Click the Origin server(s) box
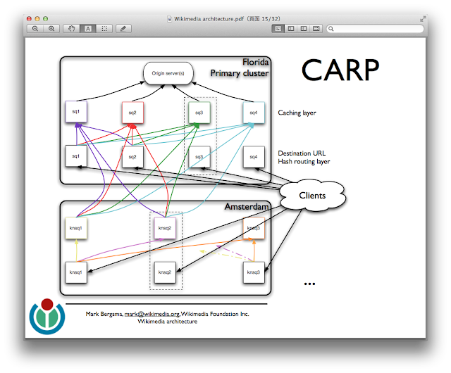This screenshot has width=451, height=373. (x=168, y=72)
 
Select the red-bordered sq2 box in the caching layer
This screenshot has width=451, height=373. (x=132, y=112)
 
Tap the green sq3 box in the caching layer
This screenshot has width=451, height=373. (x=199, y=112)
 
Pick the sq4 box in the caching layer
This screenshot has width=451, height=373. (x=253, y=112)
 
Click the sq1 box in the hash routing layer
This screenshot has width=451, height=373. (x=75, y=156)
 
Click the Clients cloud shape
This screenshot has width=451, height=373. (x=312, y=195)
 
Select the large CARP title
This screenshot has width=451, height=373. (x=340, y=70)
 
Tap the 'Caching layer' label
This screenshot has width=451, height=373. (x=297, y=113)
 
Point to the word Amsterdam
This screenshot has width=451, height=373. (x=247, y=207)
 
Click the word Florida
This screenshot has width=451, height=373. (x=256, y=62)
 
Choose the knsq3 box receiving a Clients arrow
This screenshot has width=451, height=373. (x=254, y=271)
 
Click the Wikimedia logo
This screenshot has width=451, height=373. (x=47, y=316)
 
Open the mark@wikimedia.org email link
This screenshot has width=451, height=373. (x=152, y=314)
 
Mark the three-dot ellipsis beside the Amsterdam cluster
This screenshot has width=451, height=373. (x=309, y=284)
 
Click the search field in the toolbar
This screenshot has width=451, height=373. (x=377, y=29)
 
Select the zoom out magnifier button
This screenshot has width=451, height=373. (x=35, y=29)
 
